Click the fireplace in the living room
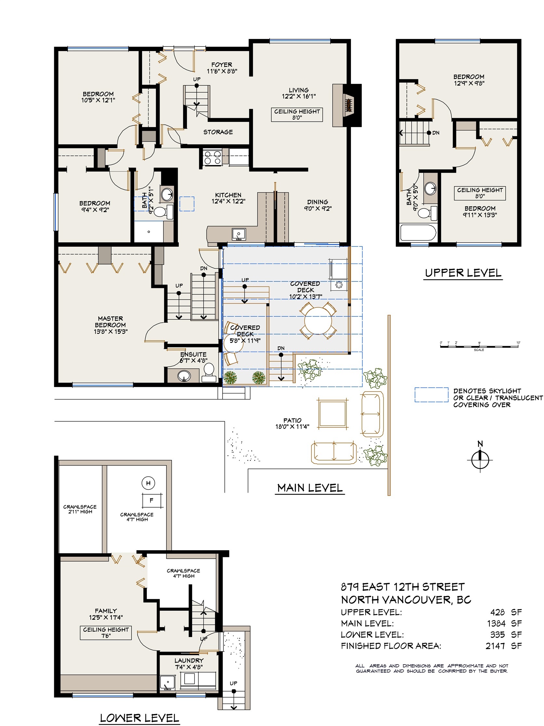[347, 105]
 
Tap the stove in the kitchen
[212, 157]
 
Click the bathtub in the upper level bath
[418, 233]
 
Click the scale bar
[479, 346]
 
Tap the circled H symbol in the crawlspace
[148, 483]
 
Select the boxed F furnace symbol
[151, 500]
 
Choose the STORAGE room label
[218, 132]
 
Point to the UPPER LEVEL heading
[463, 273]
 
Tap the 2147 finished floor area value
[495, 646]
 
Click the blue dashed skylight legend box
[432, 395]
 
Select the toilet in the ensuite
[209, 372]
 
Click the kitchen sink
[239, 234]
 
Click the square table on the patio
[332, 414]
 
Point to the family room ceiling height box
[106, 632]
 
